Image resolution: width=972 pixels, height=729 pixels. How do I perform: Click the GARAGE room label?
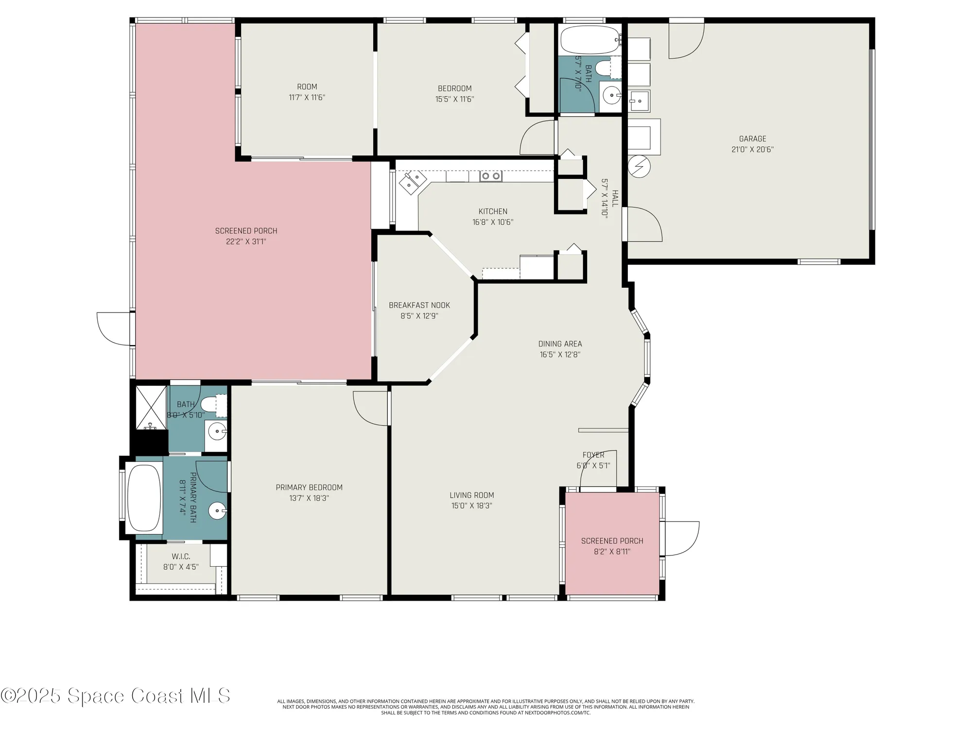pos(752,139)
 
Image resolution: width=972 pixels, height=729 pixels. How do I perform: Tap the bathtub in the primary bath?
pos(144,498)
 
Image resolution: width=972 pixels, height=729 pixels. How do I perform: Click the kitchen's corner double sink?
pos(413,182)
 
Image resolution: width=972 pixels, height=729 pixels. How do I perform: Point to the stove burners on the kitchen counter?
pos(490,176)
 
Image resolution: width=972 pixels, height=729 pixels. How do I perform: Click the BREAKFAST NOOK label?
pos(419,305)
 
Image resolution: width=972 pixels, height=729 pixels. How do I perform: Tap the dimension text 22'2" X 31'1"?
pos(246,242)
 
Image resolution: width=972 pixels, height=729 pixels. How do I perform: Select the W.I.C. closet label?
pos(181,556)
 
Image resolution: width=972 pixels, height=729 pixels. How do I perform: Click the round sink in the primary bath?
pos(217,511)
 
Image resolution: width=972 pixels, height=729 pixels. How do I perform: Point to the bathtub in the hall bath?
pos(590,40)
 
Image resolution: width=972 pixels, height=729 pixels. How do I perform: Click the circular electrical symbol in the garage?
pos(639,167)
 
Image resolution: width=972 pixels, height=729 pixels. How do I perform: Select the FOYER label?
pos(593,455)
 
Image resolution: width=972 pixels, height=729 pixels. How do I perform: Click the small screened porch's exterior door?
pos(681,538)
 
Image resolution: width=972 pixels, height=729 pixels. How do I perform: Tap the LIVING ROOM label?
pos(471,495)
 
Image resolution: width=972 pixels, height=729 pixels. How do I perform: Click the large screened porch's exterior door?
pos(115,329)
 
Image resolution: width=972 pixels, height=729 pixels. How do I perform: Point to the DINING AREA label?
pos(560,344)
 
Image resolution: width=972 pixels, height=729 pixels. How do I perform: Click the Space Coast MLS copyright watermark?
pos(116,696)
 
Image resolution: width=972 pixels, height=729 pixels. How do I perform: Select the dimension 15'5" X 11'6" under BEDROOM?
pos(454,99)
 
